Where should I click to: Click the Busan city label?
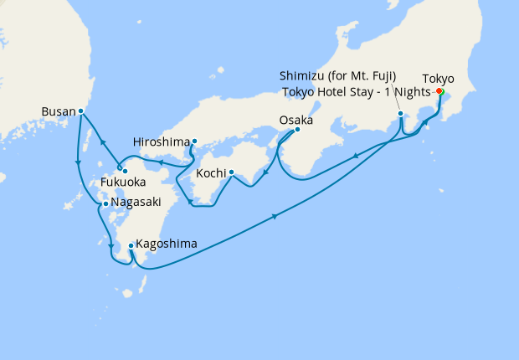[58, 111]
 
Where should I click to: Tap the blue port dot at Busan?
[80, 111]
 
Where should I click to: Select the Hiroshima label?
[161, 141]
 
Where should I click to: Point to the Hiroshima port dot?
[194, 141]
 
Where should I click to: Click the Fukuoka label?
[123, 182]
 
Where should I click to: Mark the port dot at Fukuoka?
[125, 172]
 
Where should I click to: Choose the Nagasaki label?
[135, 203]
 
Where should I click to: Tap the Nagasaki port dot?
[105, 203]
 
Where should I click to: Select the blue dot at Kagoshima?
[131, 246]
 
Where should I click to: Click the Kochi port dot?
[230, 174]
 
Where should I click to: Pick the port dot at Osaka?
[297, 129]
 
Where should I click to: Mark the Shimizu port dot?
[401, 113]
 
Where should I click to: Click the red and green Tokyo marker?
[439, 92]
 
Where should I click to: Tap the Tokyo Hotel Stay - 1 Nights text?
[356, 91]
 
